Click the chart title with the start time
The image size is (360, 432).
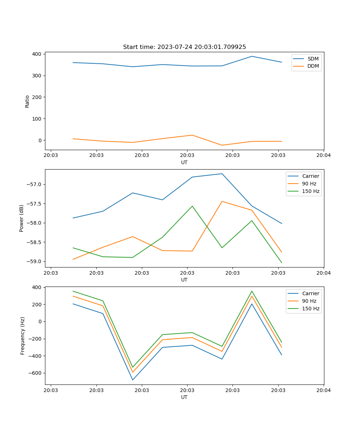pos(184,47)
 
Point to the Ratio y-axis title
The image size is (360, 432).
pos(27,101)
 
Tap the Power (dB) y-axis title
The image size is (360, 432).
pos(22,218)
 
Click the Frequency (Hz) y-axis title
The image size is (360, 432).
pos(22,336)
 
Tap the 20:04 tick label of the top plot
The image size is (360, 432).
pos(323,156)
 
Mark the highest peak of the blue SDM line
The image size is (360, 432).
pos(252,56)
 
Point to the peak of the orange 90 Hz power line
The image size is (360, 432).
pos(222,201)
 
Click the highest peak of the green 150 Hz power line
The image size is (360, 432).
pos(192,206)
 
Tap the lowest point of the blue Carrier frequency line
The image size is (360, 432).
pos(132,380)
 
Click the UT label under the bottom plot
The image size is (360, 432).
pos(184,397)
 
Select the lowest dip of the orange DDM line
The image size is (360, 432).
pos(222,145)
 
